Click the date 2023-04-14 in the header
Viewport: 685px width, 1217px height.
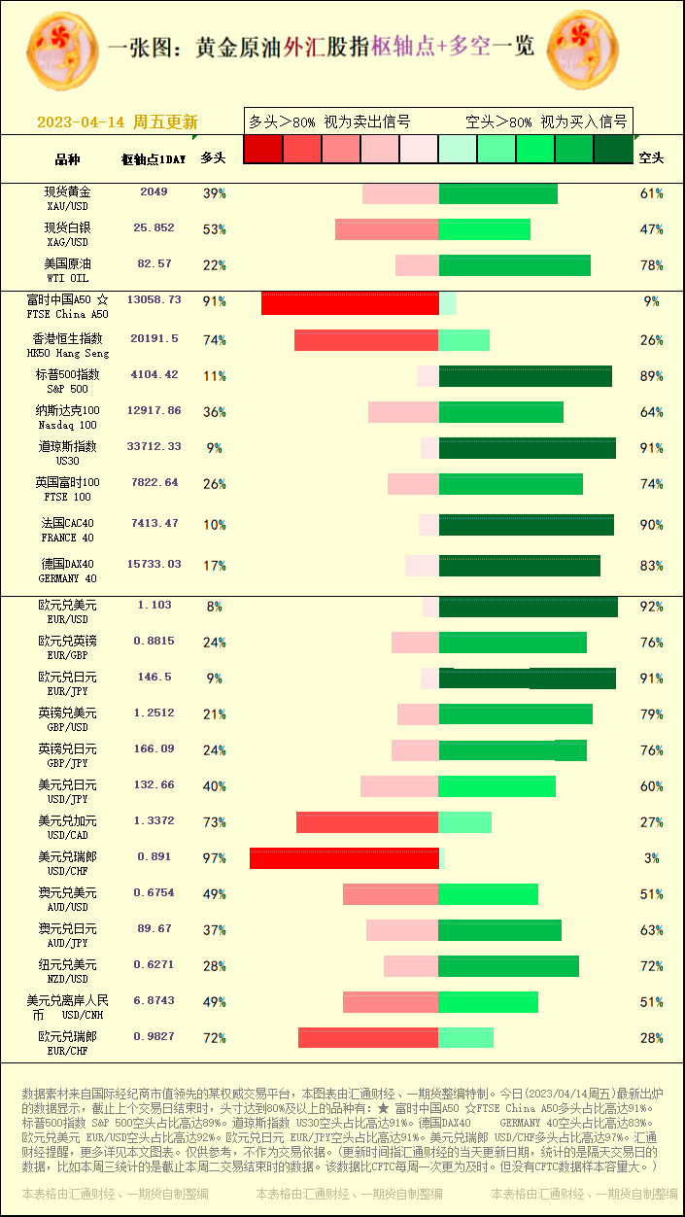coord(82,122)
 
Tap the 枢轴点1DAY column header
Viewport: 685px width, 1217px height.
coord(154,158)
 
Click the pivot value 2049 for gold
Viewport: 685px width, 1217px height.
coord(154,192)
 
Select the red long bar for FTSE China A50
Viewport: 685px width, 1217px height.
coord(350,303)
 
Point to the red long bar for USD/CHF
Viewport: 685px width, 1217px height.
coord(344,858)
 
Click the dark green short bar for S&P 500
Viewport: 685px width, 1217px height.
coord(525,376)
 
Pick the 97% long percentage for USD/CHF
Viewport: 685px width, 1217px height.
coord(214,858)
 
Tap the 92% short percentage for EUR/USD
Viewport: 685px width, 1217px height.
coord(651,607)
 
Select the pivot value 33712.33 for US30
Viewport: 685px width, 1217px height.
coord(154,447)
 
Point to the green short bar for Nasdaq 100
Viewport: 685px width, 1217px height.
coord(500,412)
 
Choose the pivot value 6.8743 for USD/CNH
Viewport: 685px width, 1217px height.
coord(154,1000)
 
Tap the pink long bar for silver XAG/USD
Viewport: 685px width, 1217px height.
coord(387,229)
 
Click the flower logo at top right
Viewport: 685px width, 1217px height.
coord(583,49)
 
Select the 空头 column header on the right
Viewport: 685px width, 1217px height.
coord(651,157)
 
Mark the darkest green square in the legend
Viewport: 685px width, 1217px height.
coord(612,149)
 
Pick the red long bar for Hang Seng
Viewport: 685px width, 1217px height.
coord(366,340)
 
